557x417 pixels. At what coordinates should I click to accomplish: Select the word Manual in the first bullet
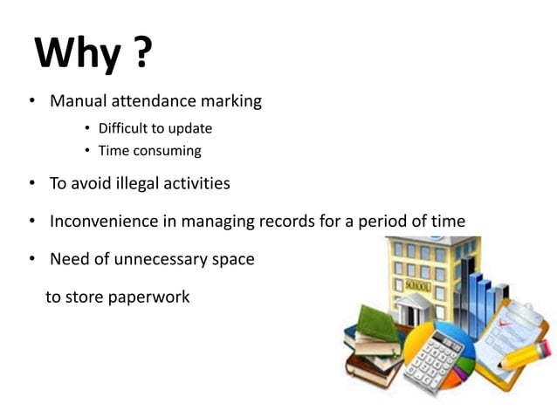point(79,101)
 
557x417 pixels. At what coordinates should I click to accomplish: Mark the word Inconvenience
point(104,221)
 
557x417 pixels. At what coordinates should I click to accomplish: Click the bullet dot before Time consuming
point(87,151)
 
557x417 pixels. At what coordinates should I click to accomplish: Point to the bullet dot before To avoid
point(31,183)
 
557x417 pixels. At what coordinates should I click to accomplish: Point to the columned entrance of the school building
point(417,310)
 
